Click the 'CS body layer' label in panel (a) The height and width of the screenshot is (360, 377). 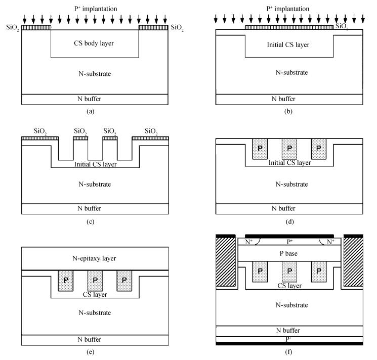coord(94,43)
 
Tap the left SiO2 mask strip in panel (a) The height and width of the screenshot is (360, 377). coord(36,27)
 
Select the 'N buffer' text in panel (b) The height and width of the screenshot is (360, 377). coord(283,99)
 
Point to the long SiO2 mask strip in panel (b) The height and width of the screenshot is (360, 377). coord(289,27)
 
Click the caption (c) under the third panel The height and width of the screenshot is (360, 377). coord(90,221)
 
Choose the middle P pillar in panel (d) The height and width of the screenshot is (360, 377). coord(289,149)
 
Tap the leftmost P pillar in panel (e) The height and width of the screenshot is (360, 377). coord(66,281)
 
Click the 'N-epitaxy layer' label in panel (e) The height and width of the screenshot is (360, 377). coord(94,258)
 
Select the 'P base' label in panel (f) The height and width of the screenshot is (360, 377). coord(288,253)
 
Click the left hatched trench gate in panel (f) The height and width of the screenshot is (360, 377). coord(226,262)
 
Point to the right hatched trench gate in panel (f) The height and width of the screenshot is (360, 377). coord(353,262)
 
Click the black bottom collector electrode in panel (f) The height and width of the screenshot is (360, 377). coord(289,344)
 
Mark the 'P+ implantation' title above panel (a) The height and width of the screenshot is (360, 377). coord(96,9)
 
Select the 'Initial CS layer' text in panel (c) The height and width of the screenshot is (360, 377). coord(96,164)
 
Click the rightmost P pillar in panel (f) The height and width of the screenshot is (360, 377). coord(319,272)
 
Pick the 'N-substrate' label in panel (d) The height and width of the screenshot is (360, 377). coord(291,184)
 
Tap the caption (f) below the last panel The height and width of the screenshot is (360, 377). coord(288,352)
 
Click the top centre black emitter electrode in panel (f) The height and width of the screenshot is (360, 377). coord(289,236)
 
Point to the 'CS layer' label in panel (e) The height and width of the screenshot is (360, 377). coord(95,294)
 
